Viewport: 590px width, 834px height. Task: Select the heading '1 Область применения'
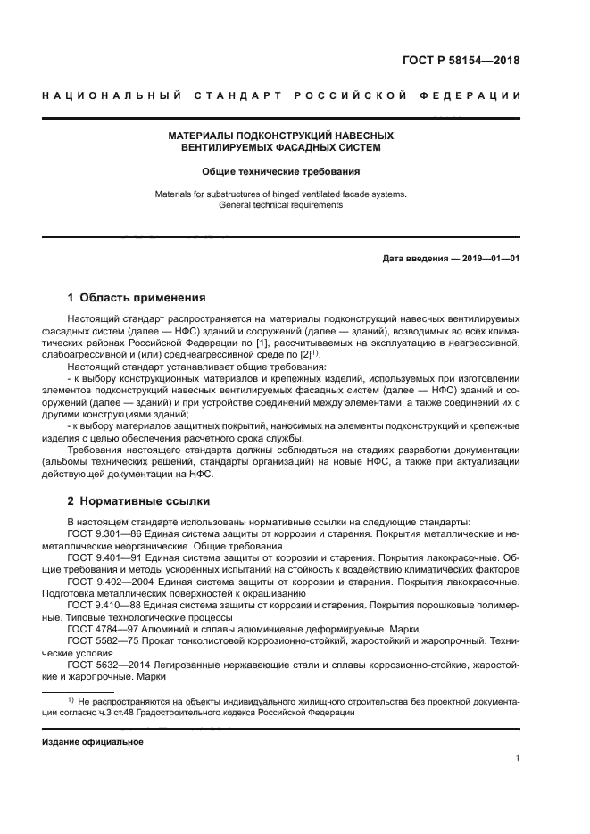point(137,297)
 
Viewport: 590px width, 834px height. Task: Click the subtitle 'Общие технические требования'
point(280,169)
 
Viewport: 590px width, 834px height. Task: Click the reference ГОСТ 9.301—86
point(99,533)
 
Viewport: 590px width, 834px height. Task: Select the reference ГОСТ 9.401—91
point(99,557)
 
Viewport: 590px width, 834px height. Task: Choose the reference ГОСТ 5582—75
point(97,641)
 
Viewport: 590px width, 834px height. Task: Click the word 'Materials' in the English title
point(175,193)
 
